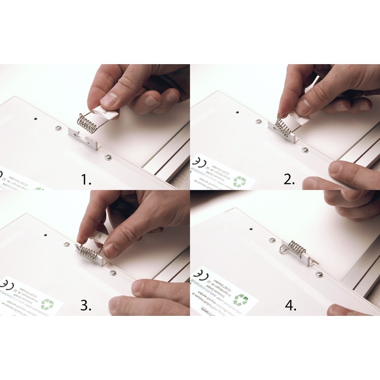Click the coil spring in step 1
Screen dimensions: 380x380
[x=87, y=122]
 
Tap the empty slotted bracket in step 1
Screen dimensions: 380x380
[x=86, y=137]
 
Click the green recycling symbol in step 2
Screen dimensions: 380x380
[x=241, y=180]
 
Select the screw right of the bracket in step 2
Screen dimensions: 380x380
[x=304, y=150]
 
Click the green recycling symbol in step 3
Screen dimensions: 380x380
[x=47, y=303]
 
